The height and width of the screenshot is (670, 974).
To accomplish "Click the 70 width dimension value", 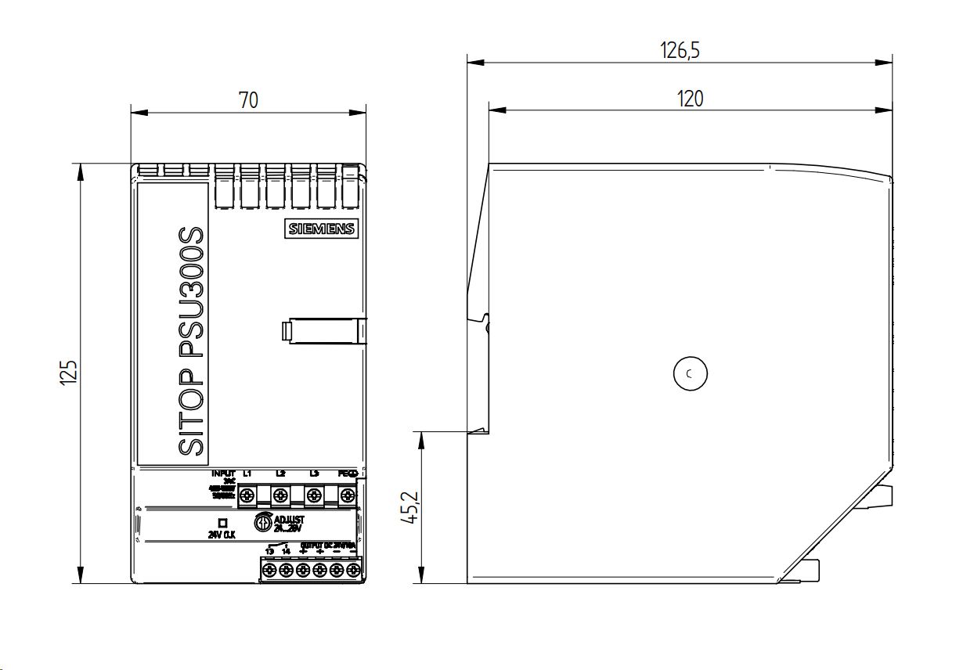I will [248, 99].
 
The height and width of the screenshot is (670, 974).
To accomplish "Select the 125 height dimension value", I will [69, 373].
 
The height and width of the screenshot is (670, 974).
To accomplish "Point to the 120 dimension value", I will [690, 99].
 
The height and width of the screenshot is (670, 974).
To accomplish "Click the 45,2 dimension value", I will [410, 507].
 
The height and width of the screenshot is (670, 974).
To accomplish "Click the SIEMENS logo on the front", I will [321, 229].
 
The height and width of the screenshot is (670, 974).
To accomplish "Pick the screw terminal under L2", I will [280, 495].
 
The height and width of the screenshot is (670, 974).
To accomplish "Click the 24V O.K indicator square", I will [222, 522].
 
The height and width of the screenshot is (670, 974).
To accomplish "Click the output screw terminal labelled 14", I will [286, 572].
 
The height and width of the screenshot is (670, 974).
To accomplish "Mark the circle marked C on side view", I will [690, 374].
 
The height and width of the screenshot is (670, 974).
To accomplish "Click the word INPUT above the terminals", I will [223, 474].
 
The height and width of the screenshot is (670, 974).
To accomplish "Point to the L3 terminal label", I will [314, 474].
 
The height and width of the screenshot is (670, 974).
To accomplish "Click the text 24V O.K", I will [222, 535].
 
